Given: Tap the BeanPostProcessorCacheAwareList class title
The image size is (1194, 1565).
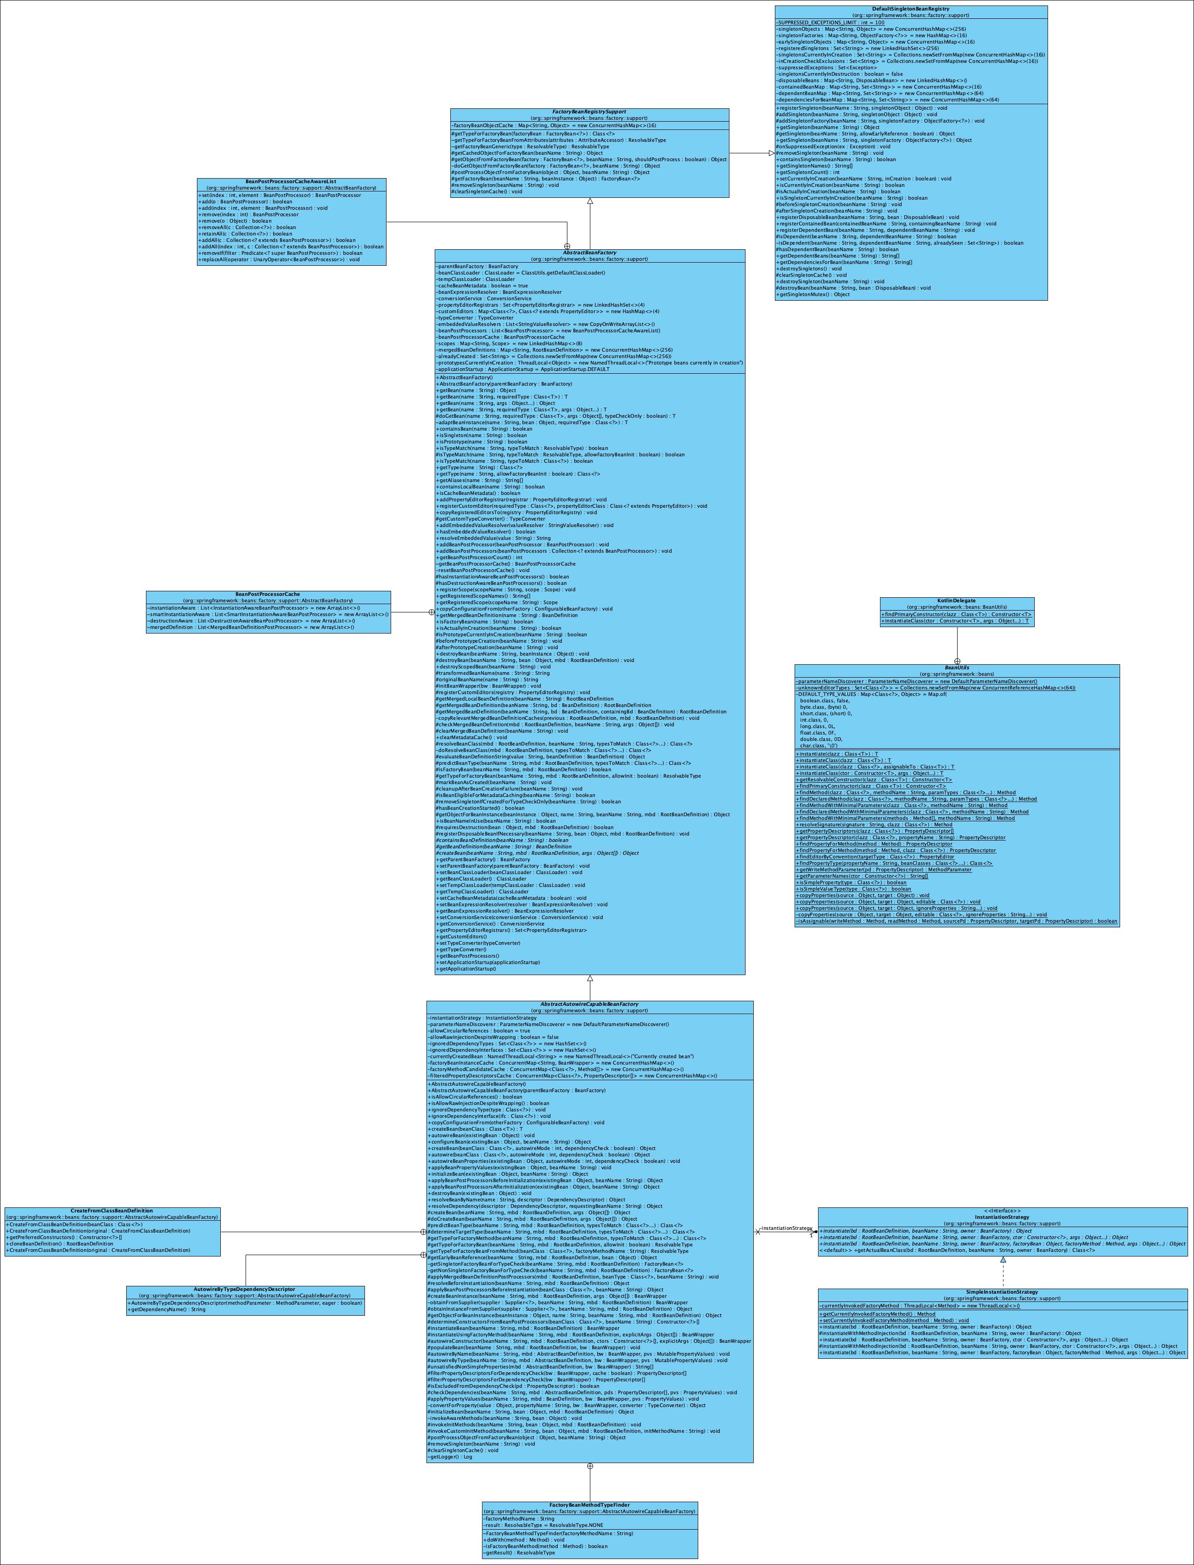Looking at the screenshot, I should click(291, 182).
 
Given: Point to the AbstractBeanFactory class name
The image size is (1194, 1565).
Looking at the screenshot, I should click(589, 253).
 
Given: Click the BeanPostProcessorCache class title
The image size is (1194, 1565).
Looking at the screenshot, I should click(268, 594).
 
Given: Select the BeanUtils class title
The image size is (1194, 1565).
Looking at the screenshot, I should click(957, 668).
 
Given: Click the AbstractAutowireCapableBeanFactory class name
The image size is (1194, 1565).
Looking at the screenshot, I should click(589, 1005).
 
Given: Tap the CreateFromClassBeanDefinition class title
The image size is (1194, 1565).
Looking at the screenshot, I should click(112, 1210).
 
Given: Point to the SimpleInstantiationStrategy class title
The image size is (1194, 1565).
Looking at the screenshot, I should click(1002, 1292).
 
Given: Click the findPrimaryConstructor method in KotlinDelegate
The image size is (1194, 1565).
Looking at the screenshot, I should click(956, 614).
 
